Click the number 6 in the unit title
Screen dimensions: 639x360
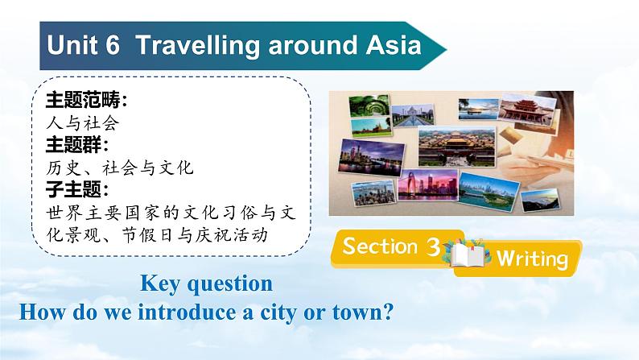tap(112, 44)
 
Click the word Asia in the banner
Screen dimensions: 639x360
tap(394, 44)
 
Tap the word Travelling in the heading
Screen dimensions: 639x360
tap(197, 46)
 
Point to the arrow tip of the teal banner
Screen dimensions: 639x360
tap(447, 50)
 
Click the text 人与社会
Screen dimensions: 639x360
tap(83, 122)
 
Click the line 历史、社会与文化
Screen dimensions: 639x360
tap(120, 168)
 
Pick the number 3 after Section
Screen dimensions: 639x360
tap(433, 246)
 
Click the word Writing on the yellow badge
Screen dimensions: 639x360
tap(532, 259)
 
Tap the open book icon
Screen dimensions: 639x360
tap(468, 254)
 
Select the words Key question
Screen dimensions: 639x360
tap(207, 283)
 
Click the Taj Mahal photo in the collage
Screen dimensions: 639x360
tap(412, 115)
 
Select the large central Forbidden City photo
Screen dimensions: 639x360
tap(457, 147)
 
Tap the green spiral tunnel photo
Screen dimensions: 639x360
tap(369, 106)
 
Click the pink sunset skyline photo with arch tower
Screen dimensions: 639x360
tap(428, 184)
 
